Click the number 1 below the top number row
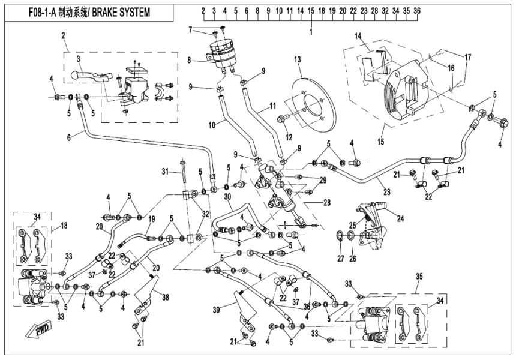click(x=311, y=31)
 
